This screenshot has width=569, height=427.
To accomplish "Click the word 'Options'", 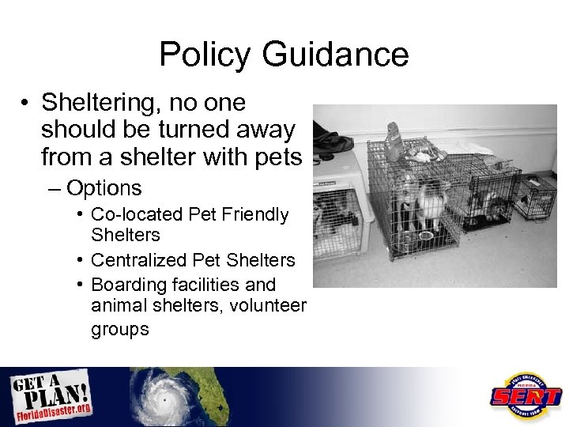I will pos(104,188).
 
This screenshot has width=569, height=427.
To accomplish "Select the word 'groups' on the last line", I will pos(119,329).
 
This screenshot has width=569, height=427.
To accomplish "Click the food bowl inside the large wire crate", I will pos(426,235).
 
